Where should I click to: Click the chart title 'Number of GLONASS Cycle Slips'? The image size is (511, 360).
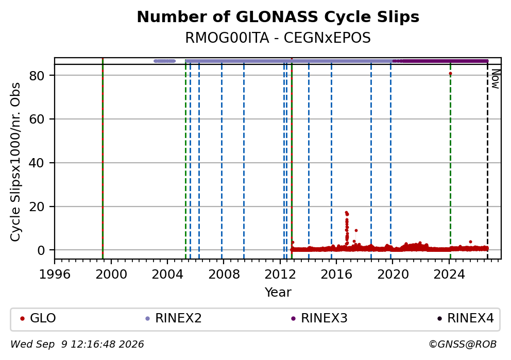click(x=278, y=17)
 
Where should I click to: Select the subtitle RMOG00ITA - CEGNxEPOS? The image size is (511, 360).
click(x=278, y=38)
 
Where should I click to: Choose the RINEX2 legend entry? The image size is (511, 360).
click(x=174, y=318)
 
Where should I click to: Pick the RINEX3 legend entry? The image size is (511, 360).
click(x=319, y=318)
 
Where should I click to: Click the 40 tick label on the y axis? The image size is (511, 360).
click(x=37, y=163)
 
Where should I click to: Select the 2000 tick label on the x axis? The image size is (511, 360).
click(x=111, y=275)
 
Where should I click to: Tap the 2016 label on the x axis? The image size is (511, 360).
click(x=336, y=275)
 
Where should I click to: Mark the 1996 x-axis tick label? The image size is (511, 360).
click(x=55, y=275)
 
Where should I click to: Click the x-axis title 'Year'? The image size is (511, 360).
click(x=278, y=292)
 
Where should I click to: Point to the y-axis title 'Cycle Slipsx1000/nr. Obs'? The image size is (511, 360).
click(x=15, y=162)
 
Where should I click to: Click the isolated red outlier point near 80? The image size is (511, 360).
click(x=450, y=74)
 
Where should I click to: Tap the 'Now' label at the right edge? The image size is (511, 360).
click(x=496, y=79)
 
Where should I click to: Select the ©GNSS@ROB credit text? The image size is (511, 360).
click(x=463, y=344)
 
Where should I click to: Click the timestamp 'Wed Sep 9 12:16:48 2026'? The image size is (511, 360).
click(x=77, y=344)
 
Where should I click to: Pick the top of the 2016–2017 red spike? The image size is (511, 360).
click(x=347, y=213)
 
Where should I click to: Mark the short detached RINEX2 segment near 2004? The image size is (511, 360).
click(x=164, y=61)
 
